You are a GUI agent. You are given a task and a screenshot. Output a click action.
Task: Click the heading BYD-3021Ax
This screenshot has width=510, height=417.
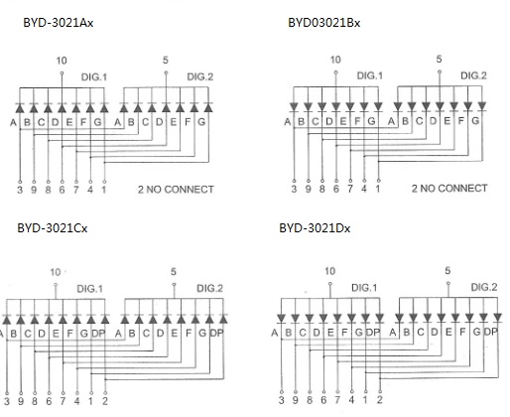click(59, 23)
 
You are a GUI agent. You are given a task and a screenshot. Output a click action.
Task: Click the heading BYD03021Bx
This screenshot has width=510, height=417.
click(324, 23)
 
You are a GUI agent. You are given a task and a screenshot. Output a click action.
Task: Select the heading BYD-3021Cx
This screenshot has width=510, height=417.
click(53, 228)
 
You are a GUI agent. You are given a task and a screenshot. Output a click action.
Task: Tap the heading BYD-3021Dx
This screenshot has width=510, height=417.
click(315, 228)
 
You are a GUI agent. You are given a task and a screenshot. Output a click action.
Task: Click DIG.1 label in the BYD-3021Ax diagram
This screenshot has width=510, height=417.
click(94, 77)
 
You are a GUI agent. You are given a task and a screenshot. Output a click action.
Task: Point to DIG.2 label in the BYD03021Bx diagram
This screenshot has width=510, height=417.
click(473, 75)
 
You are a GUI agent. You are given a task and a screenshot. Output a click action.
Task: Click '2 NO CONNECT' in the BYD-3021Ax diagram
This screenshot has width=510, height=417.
click(176, 190)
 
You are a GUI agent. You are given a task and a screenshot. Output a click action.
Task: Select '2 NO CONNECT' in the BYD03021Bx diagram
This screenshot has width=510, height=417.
click(449, 189)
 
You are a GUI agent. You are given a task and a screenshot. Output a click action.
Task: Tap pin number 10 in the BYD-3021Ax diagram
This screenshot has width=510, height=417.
click(62, 61)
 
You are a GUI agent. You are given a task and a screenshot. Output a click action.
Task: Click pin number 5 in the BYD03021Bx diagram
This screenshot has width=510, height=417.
click(439, 60)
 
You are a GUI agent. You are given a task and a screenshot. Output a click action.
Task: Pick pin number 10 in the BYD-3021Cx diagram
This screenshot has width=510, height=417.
click(56, 272)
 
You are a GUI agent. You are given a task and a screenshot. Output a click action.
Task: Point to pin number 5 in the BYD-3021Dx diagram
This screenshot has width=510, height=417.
click(447, 271)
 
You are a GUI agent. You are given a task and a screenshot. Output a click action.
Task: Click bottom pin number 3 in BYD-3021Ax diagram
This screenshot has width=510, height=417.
click(20, 190)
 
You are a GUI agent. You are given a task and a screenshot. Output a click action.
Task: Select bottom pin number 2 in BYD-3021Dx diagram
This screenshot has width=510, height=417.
click(380, 400)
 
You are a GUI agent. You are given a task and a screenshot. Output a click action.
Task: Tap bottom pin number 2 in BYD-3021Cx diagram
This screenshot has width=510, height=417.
click(105, 401)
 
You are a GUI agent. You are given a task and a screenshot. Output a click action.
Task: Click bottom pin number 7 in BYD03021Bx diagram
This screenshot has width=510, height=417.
click(350, 189)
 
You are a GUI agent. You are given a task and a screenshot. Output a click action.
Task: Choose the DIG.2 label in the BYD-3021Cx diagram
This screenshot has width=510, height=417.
click(209, 288)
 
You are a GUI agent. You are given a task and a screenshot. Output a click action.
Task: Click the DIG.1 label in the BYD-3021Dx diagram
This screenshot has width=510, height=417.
click(364, 288)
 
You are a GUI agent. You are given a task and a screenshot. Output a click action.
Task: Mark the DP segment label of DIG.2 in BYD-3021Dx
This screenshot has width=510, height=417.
click(491, 332)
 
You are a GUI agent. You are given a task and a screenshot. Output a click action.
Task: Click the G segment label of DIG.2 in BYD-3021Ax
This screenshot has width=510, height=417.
click(201, 122)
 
